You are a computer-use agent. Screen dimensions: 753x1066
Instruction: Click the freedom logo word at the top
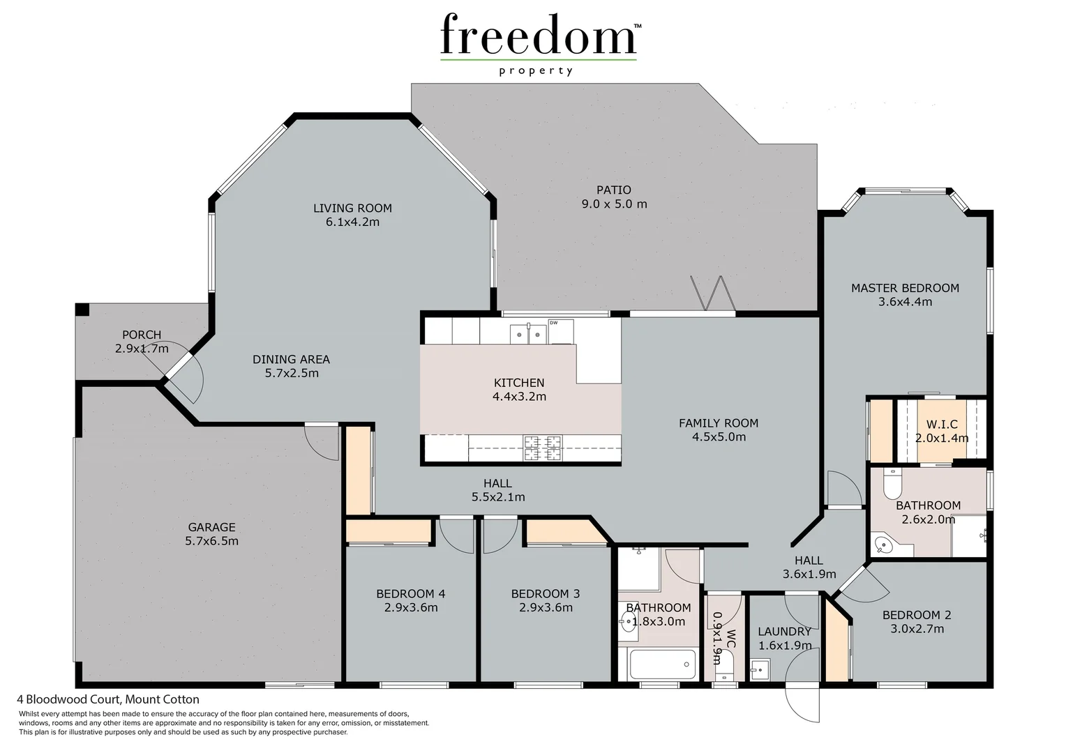coord(538,35)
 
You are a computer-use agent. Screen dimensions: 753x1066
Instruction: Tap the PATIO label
coord(614,190)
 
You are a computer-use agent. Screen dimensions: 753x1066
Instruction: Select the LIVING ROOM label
coord(352,208)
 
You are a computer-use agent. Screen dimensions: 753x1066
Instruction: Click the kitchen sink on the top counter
coord(527,333)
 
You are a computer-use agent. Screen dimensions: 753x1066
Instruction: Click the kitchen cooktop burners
coord(543,448)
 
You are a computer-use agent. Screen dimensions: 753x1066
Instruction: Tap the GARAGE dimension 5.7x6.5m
coord(212,541)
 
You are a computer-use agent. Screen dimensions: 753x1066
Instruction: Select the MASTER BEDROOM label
coord(905,288)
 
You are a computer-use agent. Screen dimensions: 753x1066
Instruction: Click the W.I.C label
coord(942,425)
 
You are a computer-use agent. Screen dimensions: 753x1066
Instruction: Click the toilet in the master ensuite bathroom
coord(892,481)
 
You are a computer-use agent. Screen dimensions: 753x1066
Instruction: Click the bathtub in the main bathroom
coord(663,664)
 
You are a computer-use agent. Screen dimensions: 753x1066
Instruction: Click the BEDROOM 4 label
coord(410,594)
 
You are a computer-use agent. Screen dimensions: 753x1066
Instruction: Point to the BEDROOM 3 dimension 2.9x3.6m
coord(545,607)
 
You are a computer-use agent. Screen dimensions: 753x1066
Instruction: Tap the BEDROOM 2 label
coord(917,615)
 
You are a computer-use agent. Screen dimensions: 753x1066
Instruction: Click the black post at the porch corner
coord(82,310)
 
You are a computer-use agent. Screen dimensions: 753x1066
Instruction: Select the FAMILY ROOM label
coord(719,423)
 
